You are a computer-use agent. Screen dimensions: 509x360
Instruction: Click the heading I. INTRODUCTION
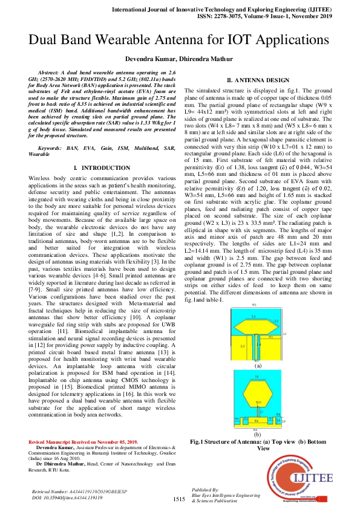(100, 150)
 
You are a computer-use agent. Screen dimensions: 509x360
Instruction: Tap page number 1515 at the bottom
(178, 499)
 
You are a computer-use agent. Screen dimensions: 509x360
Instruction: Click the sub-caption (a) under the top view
(257, 366)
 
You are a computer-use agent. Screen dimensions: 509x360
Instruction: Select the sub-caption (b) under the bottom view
(257, 434)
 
